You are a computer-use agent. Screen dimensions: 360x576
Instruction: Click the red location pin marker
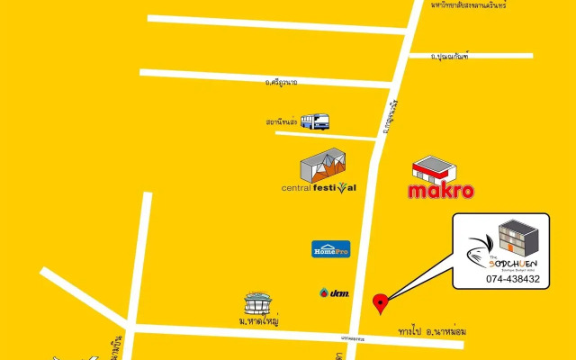click(x=381, y=303)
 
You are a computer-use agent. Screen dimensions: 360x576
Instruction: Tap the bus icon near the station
click(x=314, y=121)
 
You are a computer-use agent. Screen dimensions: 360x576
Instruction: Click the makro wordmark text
click(x=440, y=191)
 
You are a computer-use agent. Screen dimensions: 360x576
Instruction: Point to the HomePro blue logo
click(x=329, y=248)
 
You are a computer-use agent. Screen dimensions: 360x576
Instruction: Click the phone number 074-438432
click(x=512, y=279)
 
